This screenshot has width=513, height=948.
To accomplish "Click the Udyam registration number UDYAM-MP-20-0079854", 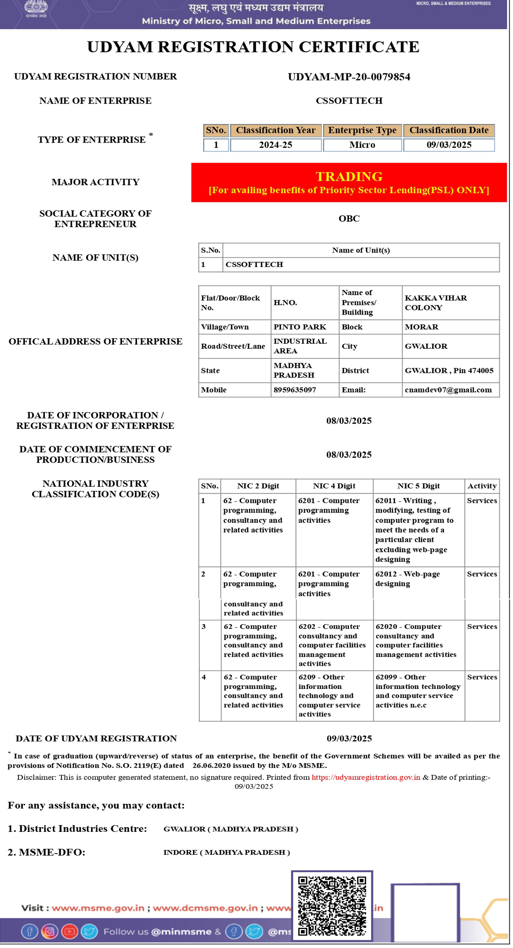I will (349, 77).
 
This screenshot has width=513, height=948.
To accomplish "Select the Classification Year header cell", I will (275, 130).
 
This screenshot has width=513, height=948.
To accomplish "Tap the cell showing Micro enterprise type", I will (362, 145).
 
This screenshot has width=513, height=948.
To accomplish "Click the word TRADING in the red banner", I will (349, 176).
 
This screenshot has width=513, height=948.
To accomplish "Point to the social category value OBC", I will (349, 218).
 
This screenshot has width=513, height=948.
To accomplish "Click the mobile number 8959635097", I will (294, 390).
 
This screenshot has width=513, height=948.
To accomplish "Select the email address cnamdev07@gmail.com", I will (448, 390).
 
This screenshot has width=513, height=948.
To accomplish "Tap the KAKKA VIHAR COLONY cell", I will (436, 303).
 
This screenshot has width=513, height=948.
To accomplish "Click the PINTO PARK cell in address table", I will (299, 327).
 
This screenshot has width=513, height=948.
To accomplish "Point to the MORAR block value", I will (421, 327).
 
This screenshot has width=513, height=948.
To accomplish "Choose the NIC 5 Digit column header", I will (418, 486).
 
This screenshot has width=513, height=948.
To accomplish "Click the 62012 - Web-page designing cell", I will (407, 579).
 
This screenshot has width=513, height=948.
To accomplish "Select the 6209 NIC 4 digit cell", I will (329, 695).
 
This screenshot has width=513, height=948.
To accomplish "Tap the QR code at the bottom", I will (332, 905).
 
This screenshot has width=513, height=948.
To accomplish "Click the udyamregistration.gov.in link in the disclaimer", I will (365, 777).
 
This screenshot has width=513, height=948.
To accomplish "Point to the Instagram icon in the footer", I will (49, 931).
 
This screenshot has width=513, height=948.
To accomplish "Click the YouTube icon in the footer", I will (69, 931).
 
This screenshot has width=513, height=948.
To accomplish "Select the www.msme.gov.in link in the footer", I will (98, 908).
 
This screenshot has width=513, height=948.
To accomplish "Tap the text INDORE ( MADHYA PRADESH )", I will (226, 852).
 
